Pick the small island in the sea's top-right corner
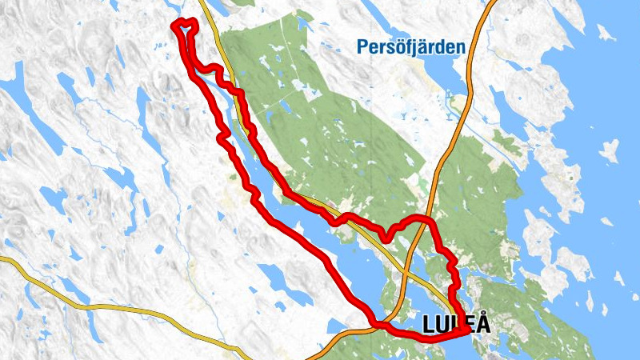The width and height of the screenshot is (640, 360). click(606, 33)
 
